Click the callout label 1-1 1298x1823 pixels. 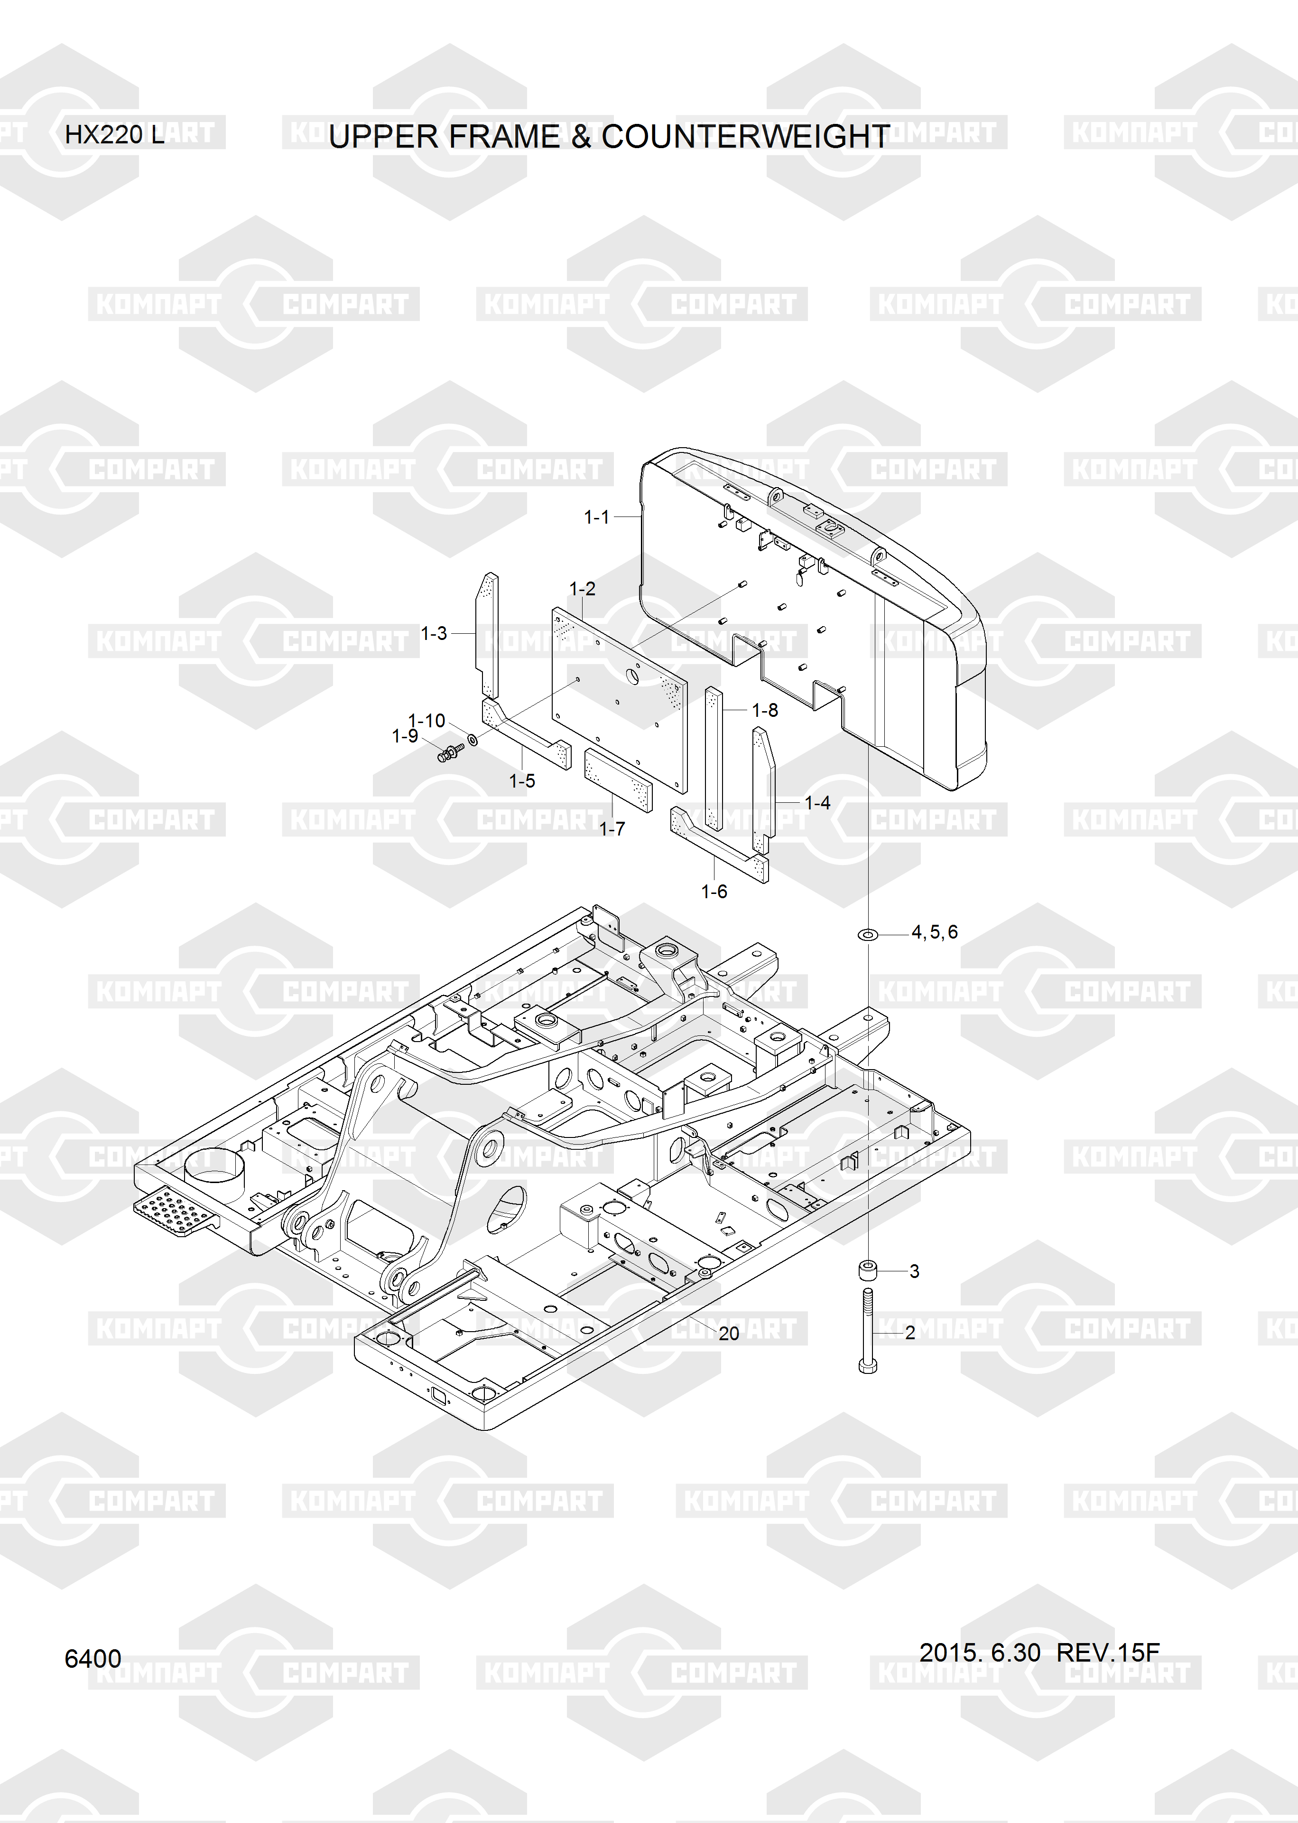tap(596, 517)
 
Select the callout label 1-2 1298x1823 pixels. tap(582, 589)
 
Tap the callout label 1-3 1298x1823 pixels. tap(434, 633)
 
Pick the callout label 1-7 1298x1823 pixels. tap(612, 829)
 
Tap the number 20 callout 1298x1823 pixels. tap(729, 1333)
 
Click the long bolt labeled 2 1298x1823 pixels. tap(868, 1331)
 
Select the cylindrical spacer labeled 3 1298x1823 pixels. tap(868, 1270)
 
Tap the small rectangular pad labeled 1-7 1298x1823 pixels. tap(618, 780)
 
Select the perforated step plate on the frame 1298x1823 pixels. tap(176, 1212)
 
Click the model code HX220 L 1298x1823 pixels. tap(115, 134)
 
